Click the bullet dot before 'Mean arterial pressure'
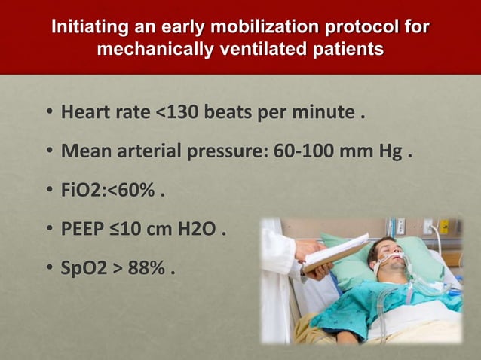[48, 154]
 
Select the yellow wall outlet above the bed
[445, 226]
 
